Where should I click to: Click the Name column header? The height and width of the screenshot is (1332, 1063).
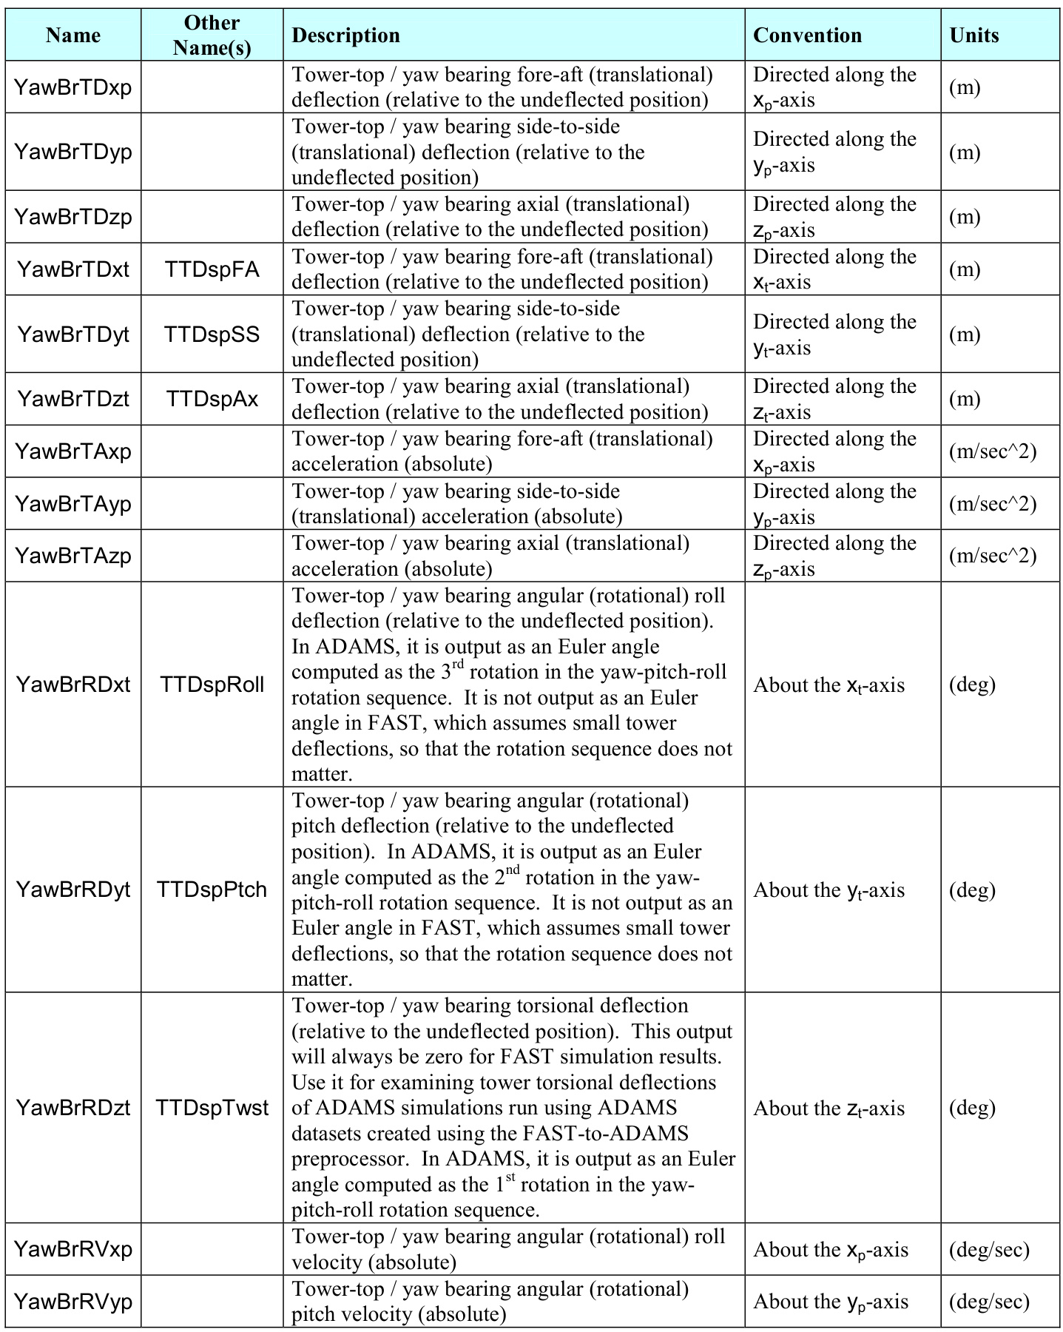[x=72, y=35]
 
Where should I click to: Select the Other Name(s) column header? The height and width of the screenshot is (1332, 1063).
[x=212, y=35]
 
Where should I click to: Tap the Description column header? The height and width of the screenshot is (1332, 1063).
[x=346, y=35]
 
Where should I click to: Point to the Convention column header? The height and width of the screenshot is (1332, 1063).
[x=807, y=35]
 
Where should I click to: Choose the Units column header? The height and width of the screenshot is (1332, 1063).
[x=974, y=35]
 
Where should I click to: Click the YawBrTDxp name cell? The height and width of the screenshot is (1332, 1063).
[x=72, y=87]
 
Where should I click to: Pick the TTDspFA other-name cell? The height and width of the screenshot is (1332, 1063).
[x=212, y=269]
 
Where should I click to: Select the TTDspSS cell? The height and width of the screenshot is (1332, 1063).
[x=212, y=334]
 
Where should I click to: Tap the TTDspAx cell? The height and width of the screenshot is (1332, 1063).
[x=212, y=400]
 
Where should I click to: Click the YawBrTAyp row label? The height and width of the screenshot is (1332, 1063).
[x=72, y=504]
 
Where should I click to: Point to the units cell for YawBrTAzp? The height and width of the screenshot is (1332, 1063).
[x=993, y=556]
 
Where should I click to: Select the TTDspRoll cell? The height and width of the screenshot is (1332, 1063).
[x=212, y=684]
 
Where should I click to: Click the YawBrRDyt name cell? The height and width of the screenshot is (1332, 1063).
[x=72, y=889]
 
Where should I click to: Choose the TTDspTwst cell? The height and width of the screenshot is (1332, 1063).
[x=212, y=1108]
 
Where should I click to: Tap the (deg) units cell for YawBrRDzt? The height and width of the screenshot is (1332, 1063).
[x=972, y=1108]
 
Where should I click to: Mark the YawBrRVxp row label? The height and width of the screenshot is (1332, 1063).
[x=72, y=1249]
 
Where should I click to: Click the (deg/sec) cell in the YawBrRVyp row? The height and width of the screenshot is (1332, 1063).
[x=989, y=1302]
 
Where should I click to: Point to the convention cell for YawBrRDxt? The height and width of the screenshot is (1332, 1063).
[x=829, y=685]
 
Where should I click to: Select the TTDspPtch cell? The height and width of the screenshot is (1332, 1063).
[x=212, y=889]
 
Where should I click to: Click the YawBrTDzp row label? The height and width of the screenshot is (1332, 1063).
[x=72, y=217]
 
